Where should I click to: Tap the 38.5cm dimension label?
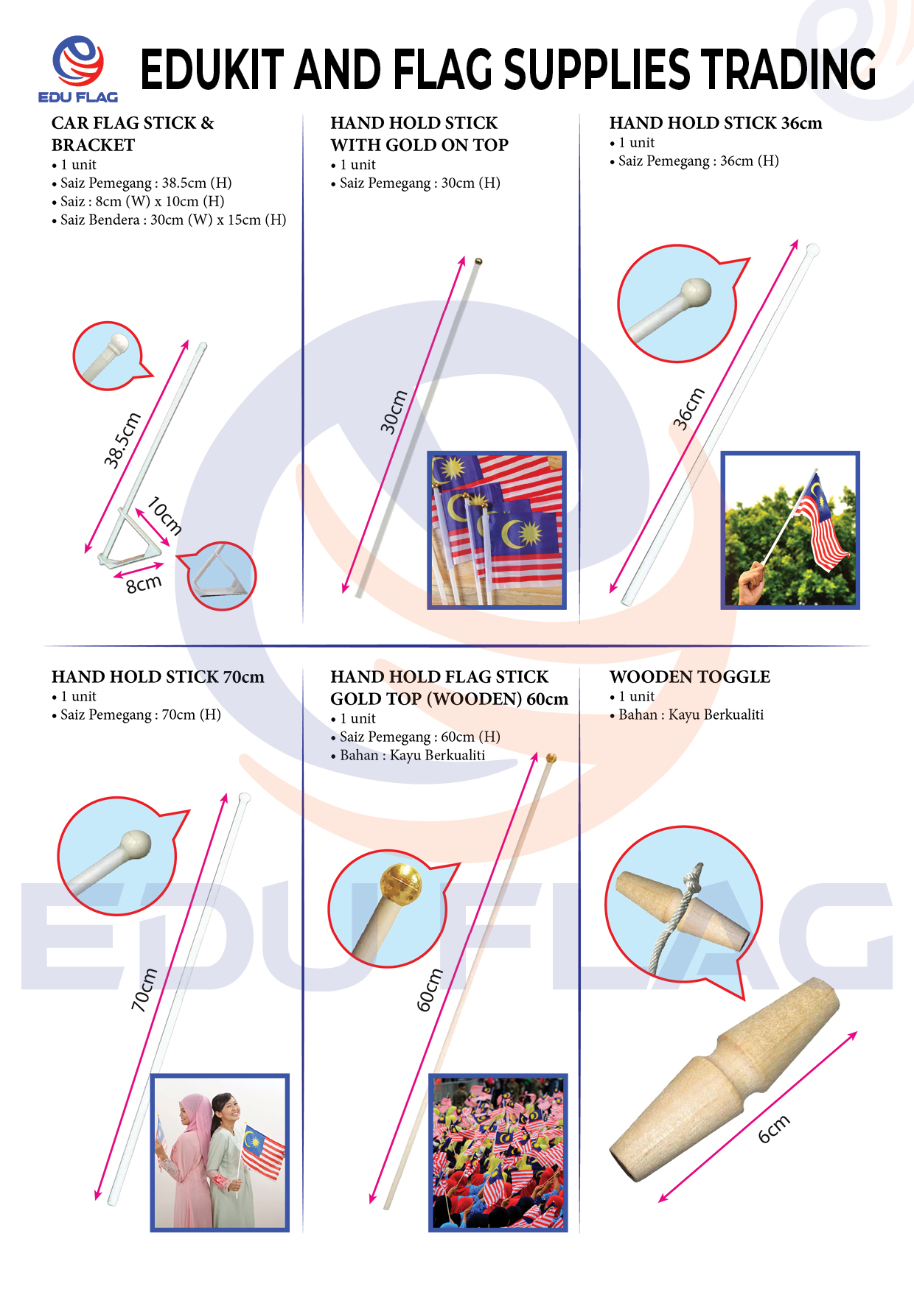pyautogui.click(x=122, y=440)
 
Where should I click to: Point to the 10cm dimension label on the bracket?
pyautogui.click(x=164, y=516)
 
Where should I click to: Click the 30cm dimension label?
pyautogui.click(x=394, y=412)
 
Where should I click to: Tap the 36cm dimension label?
pyautogui.click(x=688, y=408)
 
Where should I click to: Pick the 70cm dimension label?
pyautogui.click(x=144, y=989)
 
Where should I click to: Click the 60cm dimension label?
pyautogui.click(x=430, y=990)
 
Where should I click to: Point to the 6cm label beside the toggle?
pyautogui.click(x=774, y=1128)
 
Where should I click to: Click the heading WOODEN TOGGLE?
pyautogui.click(x=690, y=676)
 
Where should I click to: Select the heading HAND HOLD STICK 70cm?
pyautogui.click(x=158, y=676)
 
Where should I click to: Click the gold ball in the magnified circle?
pyautogui.click(x=400, y=885)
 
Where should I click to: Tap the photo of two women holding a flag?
pyautogui.click(x=220, y=1153)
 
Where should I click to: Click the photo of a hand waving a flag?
pyautogui.click(x=790, y=530)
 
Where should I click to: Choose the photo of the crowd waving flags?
pyautogui.click(x=498, y=1153)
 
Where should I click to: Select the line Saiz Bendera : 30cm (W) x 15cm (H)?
pyautogui.click(x=169, y=220)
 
